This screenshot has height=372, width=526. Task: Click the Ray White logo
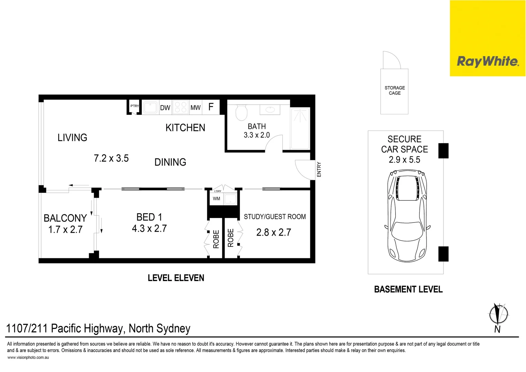point(487,62)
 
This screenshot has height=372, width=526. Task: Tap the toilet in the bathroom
point(241,112)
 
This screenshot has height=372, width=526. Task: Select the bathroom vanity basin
point(270,110)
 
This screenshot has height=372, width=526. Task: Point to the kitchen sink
point(150,107)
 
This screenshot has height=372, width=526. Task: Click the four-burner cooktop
point(181,107)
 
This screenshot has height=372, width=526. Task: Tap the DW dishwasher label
point(165,108)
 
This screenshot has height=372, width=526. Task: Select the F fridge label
point(211,107)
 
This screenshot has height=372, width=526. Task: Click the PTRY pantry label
point(135,106)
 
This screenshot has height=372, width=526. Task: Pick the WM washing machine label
point(216,199)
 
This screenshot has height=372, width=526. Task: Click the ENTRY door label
point(319,169)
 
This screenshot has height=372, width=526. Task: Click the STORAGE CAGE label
point(395,91)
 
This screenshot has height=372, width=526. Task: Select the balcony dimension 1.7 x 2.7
point(65,230)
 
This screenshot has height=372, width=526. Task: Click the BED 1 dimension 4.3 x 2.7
point(149,229)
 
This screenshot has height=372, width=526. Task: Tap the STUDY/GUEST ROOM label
point(275,217)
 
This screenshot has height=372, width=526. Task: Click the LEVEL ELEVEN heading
point(176,278)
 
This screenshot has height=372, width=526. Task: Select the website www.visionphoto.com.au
point(28,358)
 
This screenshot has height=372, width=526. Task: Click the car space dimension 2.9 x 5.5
point(405,160)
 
